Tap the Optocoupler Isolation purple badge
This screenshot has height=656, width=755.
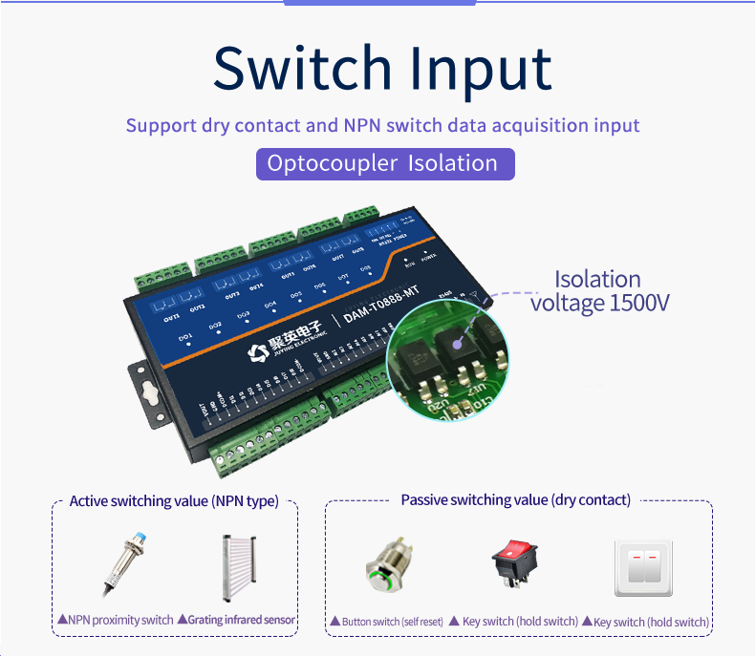pyautogui.click(x=384, y=163)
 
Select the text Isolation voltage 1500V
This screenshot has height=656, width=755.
pyautogui.click(x=599, y=291)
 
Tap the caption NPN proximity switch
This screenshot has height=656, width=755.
pyautogui.click(x=117, y=620)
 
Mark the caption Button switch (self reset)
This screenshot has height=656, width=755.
pyautogui.click(x=387, y=622)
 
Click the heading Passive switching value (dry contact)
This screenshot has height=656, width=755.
pyautogui.click(x=515, y=500)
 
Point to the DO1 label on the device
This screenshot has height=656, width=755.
pyautogui.click(x=185, y=337)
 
